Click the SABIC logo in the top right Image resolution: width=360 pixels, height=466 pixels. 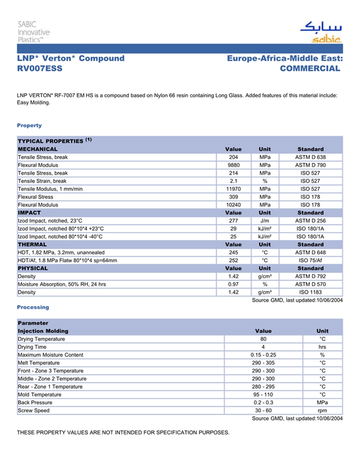pos(320,31)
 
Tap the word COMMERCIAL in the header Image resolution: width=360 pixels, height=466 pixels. pos(310,68)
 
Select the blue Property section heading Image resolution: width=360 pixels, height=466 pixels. pos(29,126)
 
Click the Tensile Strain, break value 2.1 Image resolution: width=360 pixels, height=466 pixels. pos(233,181)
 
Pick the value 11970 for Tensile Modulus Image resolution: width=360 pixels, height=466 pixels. pos(233,189)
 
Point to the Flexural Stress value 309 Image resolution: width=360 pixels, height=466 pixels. pos(233,197)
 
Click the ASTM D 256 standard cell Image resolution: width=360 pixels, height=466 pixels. pos(310,221)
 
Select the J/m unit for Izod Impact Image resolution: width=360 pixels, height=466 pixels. pos(264,221)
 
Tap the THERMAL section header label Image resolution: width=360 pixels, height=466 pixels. pos(32,244)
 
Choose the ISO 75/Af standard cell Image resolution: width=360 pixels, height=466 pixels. pos(310,260)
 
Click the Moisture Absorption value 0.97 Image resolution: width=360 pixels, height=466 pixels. pos(233,284)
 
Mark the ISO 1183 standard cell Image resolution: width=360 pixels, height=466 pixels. pos(310,292)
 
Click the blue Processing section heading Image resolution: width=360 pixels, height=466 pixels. pos(33,307)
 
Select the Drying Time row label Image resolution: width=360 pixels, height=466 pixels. pos(32,347)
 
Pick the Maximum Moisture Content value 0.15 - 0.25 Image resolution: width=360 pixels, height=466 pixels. pos(263,355)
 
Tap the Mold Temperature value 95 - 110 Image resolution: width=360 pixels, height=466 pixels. pos(263,395)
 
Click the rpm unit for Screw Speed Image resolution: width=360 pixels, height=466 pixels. pos(322,410)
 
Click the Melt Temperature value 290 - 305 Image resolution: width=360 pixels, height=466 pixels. pos(263,363)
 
